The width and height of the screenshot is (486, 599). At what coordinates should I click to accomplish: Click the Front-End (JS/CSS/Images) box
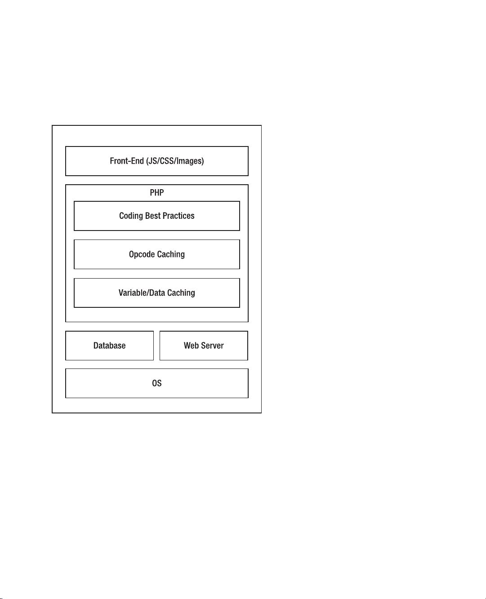pyautogui.click(x=156, y=161)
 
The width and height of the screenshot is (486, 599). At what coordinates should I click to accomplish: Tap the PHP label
pyautogui.click(x=156, y=193)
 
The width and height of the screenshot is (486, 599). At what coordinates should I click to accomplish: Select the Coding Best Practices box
pyautogui.click(x=156, y=216)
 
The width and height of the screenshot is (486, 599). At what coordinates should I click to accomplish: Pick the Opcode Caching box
pyautogui.click(x=156, y=254)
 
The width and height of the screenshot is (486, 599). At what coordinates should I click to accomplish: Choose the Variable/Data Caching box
pyautogui.click(x=156, y=293)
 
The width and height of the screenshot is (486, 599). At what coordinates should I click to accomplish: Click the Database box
pyautogui.click(x=109, y=346)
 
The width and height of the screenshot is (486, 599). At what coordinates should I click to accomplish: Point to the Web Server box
pyautogui.click(x=204, y=346)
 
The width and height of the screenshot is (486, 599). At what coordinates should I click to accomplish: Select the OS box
pyautogui.click(x=156, y=383)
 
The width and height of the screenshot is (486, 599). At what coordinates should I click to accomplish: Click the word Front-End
pyautogui.click(x=127, y=161)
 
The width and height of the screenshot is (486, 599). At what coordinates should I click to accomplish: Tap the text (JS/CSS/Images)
pyautogui.click(x=175, y=161)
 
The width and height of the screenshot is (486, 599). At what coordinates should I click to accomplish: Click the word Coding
pyautogui.click(x=131, y=216)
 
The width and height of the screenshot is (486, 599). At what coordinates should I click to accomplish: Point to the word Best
pyautogui.click(x=153, y=216)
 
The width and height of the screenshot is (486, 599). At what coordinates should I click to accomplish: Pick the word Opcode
pyautogui.click(x=142, y=254)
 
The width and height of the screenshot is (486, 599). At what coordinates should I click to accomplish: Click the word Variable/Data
pyautogui.click(x=142, y=293)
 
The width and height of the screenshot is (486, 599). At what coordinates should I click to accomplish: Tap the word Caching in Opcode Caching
pyautogui.click(x=171, y=254)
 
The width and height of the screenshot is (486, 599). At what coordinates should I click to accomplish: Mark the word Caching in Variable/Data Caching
pyautogui.click(x=181, y=293)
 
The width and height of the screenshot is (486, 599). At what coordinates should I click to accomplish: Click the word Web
pyautogui.click(x=191, y=346)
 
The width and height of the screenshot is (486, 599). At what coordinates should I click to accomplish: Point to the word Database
pyautogui.click(x=109, y=346)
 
